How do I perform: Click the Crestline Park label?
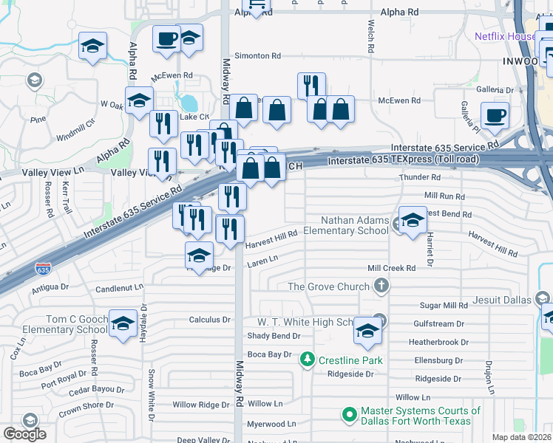pyautogui.click(x=350, y=360)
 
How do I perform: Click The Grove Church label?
pyautogui.click(x=328, y=286)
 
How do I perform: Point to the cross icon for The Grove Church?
pyautogui.click(x=381, y=286)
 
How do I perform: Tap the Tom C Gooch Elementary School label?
pyautogui.click(x=55, y=324)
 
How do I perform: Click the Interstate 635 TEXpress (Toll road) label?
pyautogui.click(x=404, y=160)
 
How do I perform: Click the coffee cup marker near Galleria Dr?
pyautogui.click(x=495, y=116)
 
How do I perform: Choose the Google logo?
pyautogui.click(x=25, y=433)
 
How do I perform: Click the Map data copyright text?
pyautogui.click(x=522, y=437)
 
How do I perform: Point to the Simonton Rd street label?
pyautogui.click(x=257, y=55)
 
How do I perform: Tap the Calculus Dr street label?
pyautogui.click(x=210, y=320)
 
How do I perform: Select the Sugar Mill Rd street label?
pyautogui.click(x=444, y=305)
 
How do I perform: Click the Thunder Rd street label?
pyautogui.click(x=419, y=177)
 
